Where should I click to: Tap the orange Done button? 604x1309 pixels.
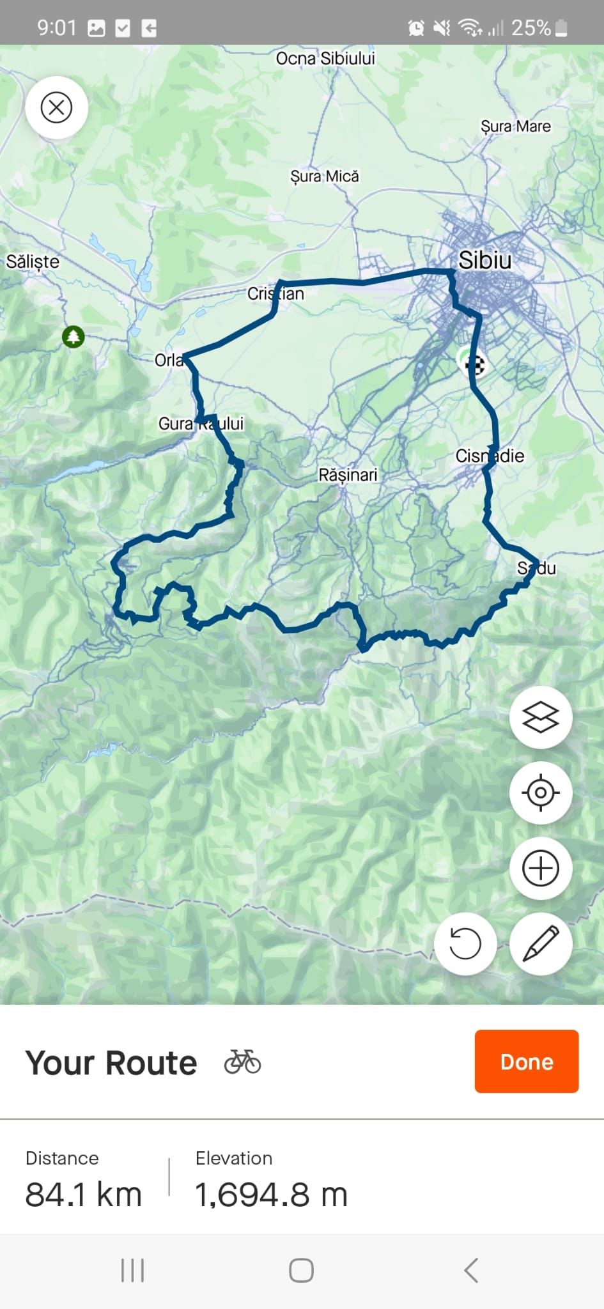click(526, 1061)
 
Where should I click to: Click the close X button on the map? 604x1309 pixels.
click(56, 107)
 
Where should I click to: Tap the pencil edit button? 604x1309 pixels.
click(540, 943)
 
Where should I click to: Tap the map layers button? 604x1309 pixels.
click(540, 717)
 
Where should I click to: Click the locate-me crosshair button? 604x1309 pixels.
click(540, 793)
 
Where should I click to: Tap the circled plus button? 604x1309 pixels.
click(540, 868)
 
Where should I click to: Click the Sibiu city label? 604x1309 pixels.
click(484, 260)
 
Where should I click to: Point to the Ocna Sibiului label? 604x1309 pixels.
click(325, 59)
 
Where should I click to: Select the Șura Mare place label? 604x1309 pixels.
click(515, 127)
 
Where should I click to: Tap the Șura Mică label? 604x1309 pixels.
click(325, 176)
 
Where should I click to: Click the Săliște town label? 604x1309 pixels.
click(33, 261)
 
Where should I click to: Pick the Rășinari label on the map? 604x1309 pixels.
click(348, 475)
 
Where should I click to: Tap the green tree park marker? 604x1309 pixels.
click(74, 336)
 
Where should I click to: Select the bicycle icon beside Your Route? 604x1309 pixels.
click(242, 1062)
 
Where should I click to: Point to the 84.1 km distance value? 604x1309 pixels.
click(83, 1194)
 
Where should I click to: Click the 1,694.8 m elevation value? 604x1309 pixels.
click(271, 1194)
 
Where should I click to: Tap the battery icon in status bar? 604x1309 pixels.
click(562, 28)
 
